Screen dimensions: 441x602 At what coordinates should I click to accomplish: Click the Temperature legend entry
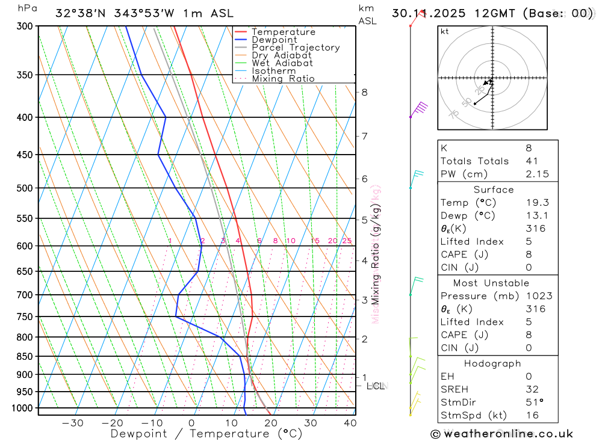coord(283,32)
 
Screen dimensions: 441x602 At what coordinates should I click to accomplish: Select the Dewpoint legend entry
coord(275,40)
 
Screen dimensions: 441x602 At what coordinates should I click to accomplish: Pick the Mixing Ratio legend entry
coord(283,78)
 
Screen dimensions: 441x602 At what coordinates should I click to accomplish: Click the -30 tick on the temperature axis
coord(73,423)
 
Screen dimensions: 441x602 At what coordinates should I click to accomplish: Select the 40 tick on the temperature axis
coord(350,423)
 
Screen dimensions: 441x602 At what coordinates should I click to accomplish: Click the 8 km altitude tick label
coord(364,92)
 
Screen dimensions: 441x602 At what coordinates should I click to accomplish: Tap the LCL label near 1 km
coord(376,386)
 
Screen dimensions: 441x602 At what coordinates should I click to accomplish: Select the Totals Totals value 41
coord(530,161)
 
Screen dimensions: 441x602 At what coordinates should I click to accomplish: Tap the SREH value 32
coord(532,389)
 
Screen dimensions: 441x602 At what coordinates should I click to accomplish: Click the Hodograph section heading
coord(492,363)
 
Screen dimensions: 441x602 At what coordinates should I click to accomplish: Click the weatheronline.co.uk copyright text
coord(501,433)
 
